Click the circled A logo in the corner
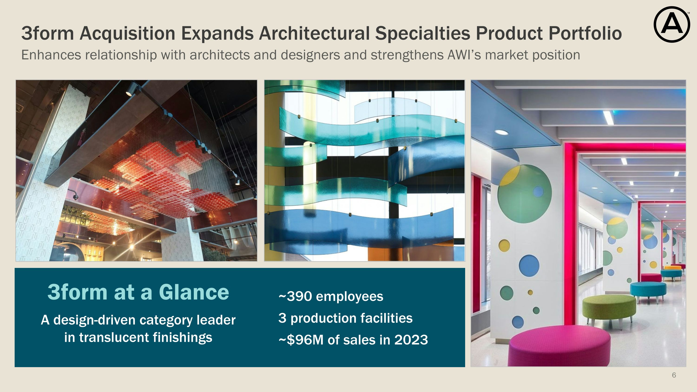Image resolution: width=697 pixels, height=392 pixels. click(x=672, y=25)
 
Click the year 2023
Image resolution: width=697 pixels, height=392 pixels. click(x=411, y=340)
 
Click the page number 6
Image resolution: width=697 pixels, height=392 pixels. click(x=674, y=375)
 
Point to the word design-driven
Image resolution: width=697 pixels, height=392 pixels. click(x=95, y=320)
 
